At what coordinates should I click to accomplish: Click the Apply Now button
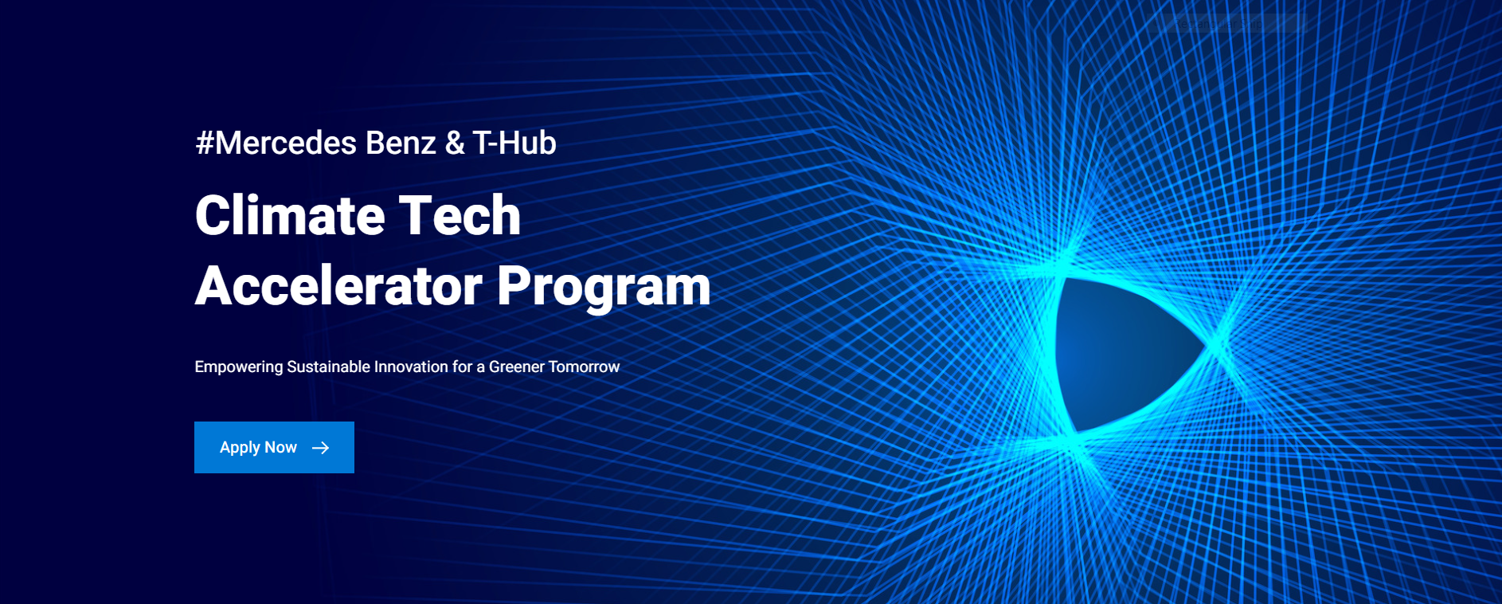tap(274, 447)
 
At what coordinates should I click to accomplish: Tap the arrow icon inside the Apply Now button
tap(321, 448)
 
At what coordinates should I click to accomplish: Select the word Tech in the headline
tap(460, 215)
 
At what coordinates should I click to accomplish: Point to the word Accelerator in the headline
tap(339, 285)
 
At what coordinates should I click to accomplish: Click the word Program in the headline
tap(604, 287)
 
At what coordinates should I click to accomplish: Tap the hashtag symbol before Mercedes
tap(205, 143)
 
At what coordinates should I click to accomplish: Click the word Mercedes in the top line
tap(286, 143)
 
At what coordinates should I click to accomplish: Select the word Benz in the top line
tap(401, 143)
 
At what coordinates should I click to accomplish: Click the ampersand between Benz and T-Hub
tap(455, 143)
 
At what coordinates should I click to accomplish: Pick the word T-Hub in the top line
tap(514, 143)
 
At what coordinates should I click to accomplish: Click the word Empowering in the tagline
tap(239, 367)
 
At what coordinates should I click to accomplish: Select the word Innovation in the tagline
tap(411, 367)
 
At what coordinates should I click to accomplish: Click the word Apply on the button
tap(240, 448)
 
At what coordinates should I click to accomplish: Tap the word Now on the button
tap(280, 447)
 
